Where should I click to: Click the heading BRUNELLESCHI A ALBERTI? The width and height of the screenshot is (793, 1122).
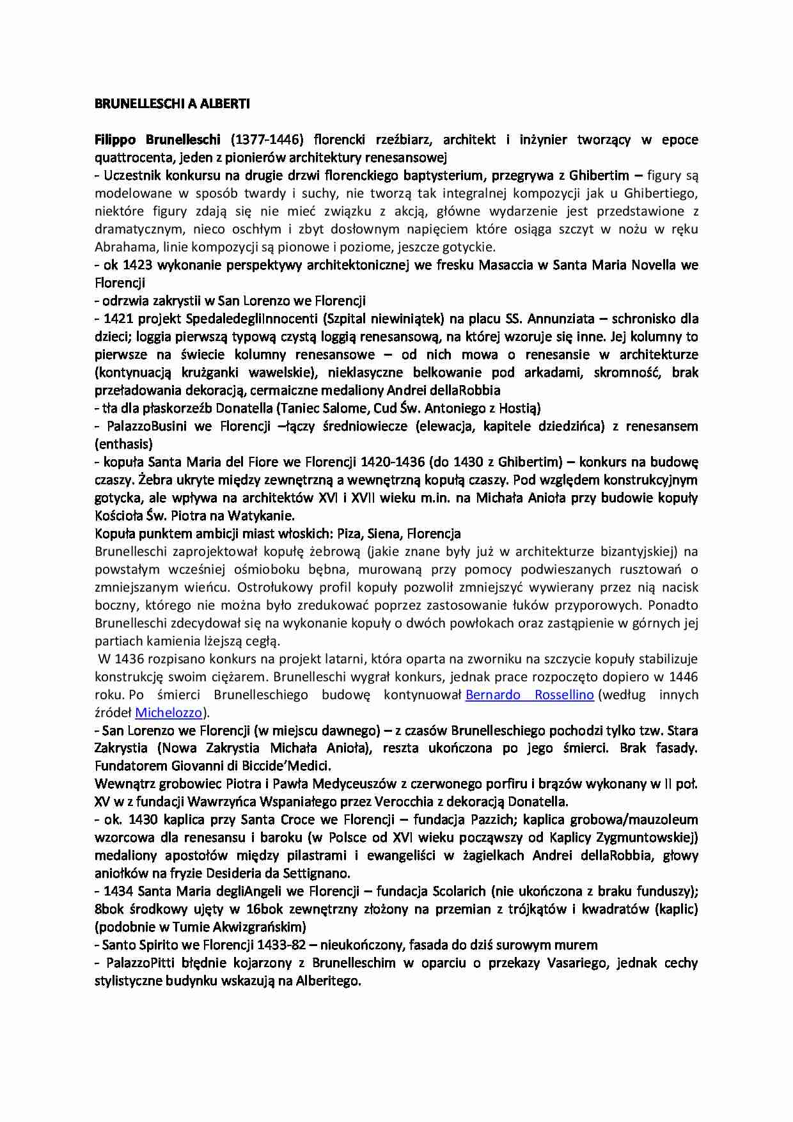172,104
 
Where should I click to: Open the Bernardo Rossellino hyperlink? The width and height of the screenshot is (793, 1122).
530,695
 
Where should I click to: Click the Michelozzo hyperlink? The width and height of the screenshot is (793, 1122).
169,713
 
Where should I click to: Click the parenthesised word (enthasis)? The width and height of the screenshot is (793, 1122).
123,444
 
